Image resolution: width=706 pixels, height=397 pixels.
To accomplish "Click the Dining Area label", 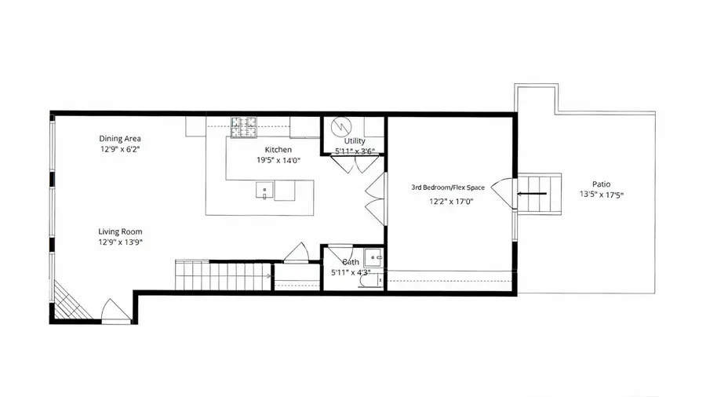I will pos(120,138).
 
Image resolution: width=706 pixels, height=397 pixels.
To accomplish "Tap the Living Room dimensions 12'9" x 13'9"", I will pos(120,242).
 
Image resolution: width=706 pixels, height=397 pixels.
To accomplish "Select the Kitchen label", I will pos(278,150).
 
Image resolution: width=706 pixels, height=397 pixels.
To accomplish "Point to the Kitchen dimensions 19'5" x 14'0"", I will pos(278,160).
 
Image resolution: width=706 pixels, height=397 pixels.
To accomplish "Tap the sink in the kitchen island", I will pos(265,189).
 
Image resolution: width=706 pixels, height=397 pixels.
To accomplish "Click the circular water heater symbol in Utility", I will pos(341,126).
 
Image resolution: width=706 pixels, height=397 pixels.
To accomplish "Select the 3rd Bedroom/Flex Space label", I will pos(448,188).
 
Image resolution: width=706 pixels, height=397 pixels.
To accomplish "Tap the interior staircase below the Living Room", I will pos(223,275).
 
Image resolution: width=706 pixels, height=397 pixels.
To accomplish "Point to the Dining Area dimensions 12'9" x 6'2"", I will pos(120,148).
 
